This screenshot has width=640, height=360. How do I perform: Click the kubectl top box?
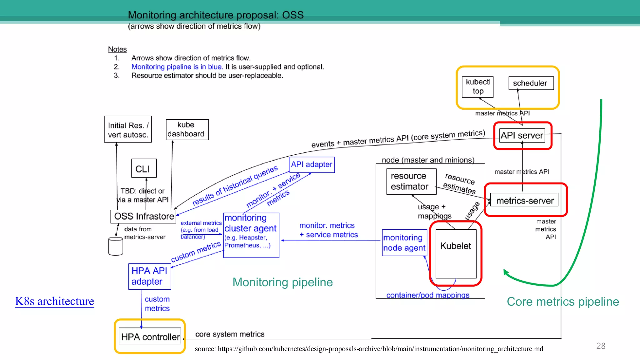tap(477, 87)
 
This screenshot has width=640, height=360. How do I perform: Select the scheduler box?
tap(531, 83)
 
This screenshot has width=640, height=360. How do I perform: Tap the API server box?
tap(522, 135)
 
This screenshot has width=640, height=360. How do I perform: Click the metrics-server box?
tap(524, 200)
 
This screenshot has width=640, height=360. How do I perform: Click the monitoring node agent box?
tap(404, 242)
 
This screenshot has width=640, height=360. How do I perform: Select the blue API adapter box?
tap(312, 164)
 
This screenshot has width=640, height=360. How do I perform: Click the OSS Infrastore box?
tap(143, 216)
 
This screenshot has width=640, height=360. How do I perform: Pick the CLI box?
tap(143, 168)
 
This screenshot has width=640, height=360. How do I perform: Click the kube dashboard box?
tap(187, 129)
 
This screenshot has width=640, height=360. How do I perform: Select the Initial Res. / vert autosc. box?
tap(128, 129)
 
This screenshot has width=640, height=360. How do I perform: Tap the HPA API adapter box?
tap(149, 276)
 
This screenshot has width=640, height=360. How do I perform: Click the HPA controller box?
tap(150, 337)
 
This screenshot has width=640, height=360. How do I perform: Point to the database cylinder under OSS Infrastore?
tap(115, 246)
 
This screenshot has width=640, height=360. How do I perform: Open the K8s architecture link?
tap(54, 301)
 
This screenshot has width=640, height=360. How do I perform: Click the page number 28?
tap(601, 346)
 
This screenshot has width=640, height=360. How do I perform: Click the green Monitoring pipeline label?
tap(282, 282)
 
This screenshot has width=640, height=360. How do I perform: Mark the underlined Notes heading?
tap(117, 49)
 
